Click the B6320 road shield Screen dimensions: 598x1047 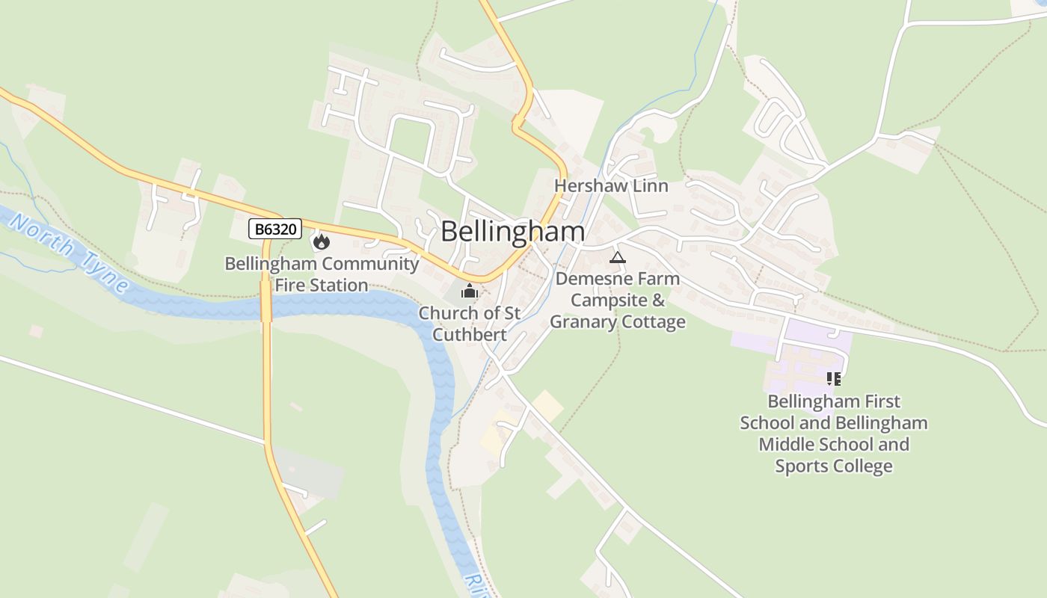tap(275, 229)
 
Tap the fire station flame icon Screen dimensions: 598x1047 tap(322, 241)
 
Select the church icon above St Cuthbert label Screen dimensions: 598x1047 tap(470, 291)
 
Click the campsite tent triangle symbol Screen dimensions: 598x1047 tap(617, 258)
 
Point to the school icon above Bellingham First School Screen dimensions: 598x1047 tap(834, 379)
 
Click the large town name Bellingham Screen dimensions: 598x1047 tap(512, 232)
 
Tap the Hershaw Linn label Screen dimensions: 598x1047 tap(611, 185)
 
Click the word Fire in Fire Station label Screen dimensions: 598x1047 tap(291, 285)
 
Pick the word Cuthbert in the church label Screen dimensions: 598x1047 tap(470, 334)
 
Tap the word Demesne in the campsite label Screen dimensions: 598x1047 tap(590, 279)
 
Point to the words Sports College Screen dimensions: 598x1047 tap(833, 466)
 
